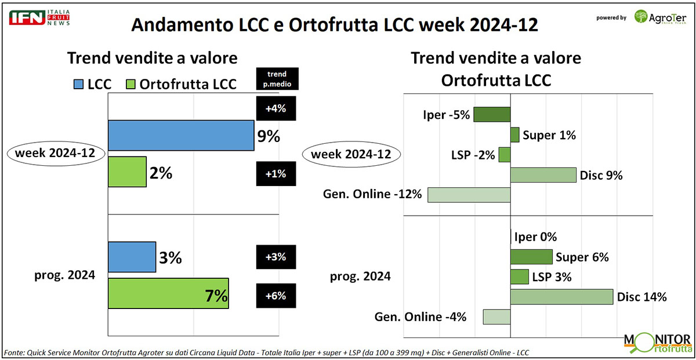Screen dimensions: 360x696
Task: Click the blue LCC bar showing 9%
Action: point(180,135)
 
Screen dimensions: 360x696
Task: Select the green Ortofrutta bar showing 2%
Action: point(127,172)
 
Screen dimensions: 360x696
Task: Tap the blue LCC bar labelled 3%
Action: point(132,257)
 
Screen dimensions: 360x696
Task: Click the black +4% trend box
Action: point(275,108)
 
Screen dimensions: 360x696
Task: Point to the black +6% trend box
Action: point(275,296)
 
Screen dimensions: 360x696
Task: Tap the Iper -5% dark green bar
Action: point(492,114)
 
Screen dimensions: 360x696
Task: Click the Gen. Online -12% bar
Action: point(469,195)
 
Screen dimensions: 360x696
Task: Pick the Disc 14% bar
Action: point(561,297)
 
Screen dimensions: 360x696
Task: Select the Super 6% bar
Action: point(531,257)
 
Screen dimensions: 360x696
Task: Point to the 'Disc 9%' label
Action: point(601,175)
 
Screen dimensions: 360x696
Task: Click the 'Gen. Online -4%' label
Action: point(420,317)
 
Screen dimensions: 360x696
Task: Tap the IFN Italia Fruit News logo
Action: point(39,17)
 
